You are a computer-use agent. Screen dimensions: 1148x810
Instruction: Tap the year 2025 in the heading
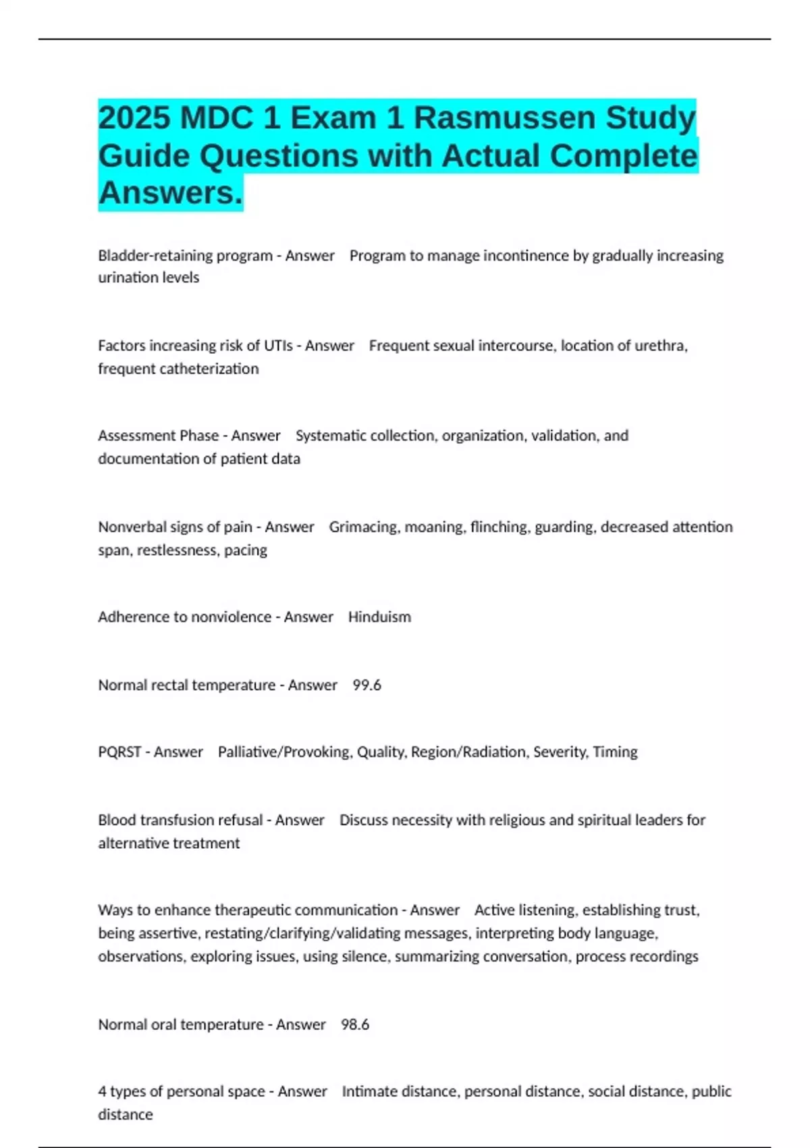coord(134,118)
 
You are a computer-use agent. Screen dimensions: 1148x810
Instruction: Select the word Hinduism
coord(379,617)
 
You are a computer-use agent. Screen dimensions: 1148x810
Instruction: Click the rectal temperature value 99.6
coord(367,685)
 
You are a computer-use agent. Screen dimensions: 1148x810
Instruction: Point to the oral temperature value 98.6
coord(355,1024)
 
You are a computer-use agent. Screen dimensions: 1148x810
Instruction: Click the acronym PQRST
coord(119,752)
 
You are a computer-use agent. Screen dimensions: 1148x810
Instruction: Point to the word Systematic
coord(329,436)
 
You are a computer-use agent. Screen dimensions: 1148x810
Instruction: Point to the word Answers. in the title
coord(170,193)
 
